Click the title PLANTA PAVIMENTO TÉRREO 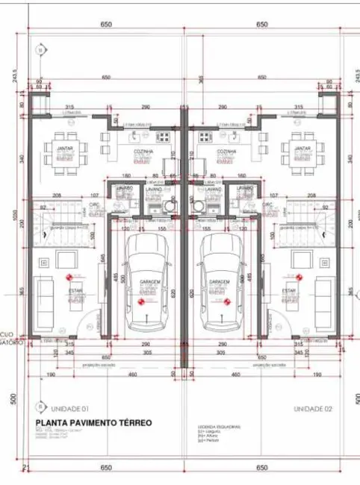pos(93,422)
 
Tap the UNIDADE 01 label pos(70,409)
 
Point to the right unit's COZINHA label pos(226,151)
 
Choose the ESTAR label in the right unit pos(290,290)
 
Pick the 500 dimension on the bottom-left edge pos(13,399)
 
